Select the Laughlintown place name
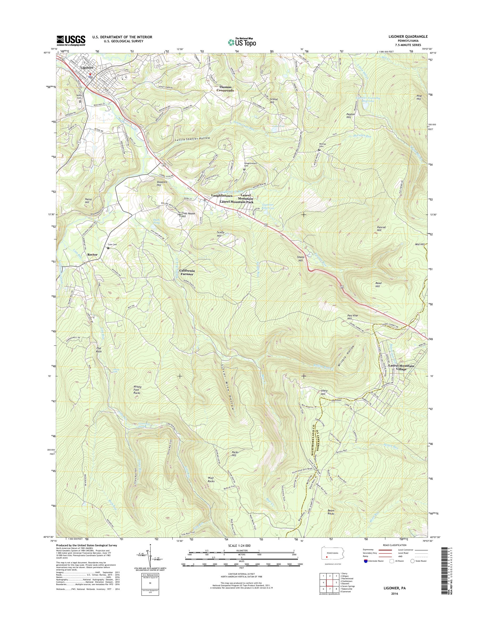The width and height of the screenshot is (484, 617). click(222, 196)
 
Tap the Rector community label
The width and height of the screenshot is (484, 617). click(92, 255)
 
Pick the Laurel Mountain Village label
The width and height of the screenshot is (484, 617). click(401, 367)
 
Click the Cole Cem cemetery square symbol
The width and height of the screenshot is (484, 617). click(108, 248)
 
